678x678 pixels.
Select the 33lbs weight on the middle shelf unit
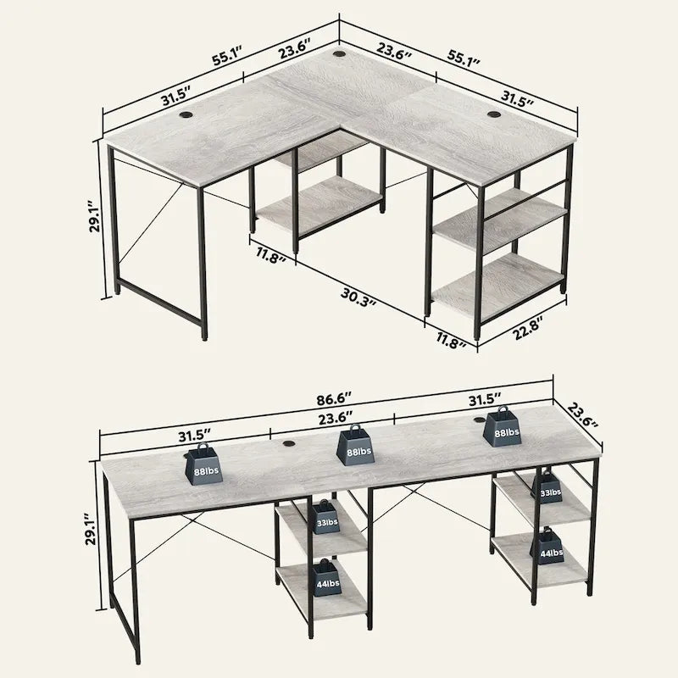click(x=325, y=520)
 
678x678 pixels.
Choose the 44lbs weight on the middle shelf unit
click(x=324, y=580)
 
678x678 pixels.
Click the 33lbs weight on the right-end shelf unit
click(x=547, y=490)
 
